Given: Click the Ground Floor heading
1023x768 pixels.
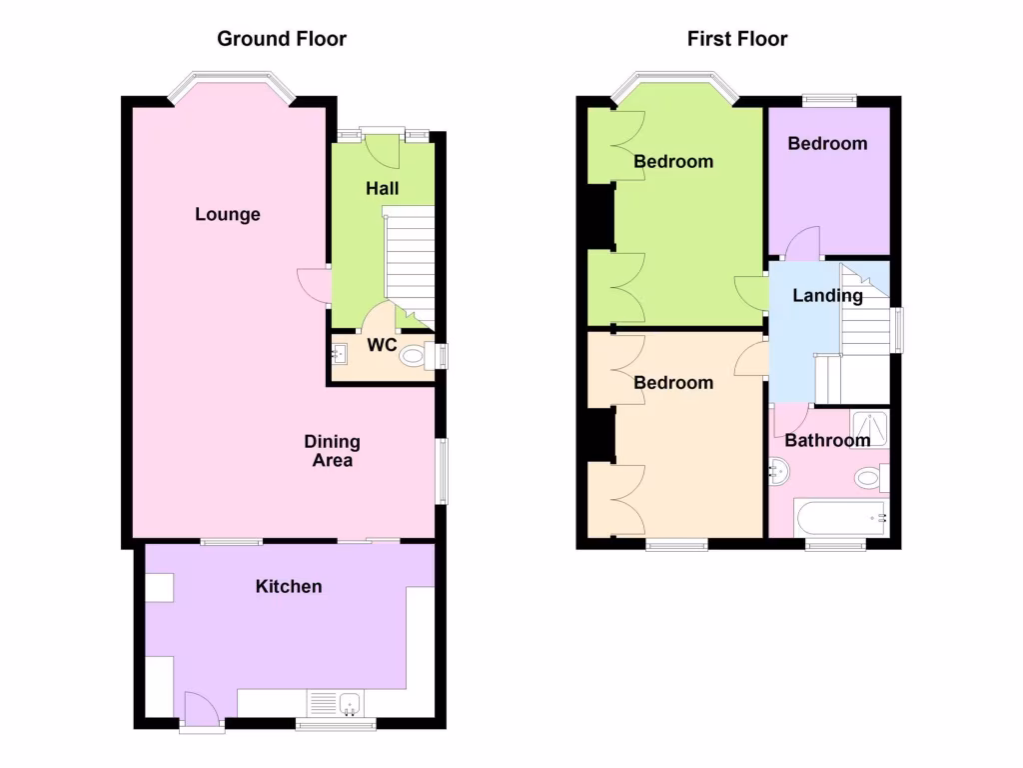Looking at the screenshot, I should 282,39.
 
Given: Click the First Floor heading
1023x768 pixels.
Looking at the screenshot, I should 737,39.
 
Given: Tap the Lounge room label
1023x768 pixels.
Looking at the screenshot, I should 228,214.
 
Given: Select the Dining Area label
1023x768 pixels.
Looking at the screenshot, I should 333,451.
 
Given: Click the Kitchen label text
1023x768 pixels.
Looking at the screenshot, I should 289,586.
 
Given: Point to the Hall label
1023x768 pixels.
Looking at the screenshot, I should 382,188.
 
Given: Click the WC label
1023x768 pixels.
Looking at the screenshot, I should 382,345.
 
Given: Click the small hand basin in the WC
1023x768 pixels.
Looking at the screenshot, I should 340,353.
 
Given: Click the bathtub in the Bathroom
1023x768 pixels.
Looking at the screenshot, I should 840,518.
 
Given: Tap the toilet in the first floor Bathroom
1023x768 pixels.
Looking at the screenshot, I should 868,478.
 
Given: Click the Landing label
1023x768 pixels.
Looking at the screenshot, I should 827,295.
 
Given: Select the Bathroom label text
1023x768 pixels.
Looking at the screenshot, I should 827,440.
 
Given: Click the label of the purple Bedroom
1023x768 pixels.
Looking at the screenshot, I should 827,143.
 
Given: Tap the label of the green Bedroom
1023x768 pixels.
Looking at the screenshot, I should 673,161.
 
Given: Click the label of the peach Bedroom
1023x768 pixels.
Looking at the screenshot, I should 673,382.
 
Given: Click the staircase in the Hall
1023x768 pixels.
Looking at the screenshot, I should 410,265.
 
